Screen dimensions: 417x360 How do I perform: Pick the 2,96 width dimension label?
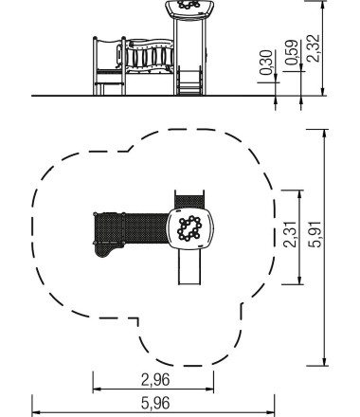153,381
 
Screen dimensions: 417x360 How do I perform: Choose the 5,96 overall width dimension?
153,402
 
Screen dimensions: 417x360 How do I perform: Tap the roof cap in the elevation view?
189,8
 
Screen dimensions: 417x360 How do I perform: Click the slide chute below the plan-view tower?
190,270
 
